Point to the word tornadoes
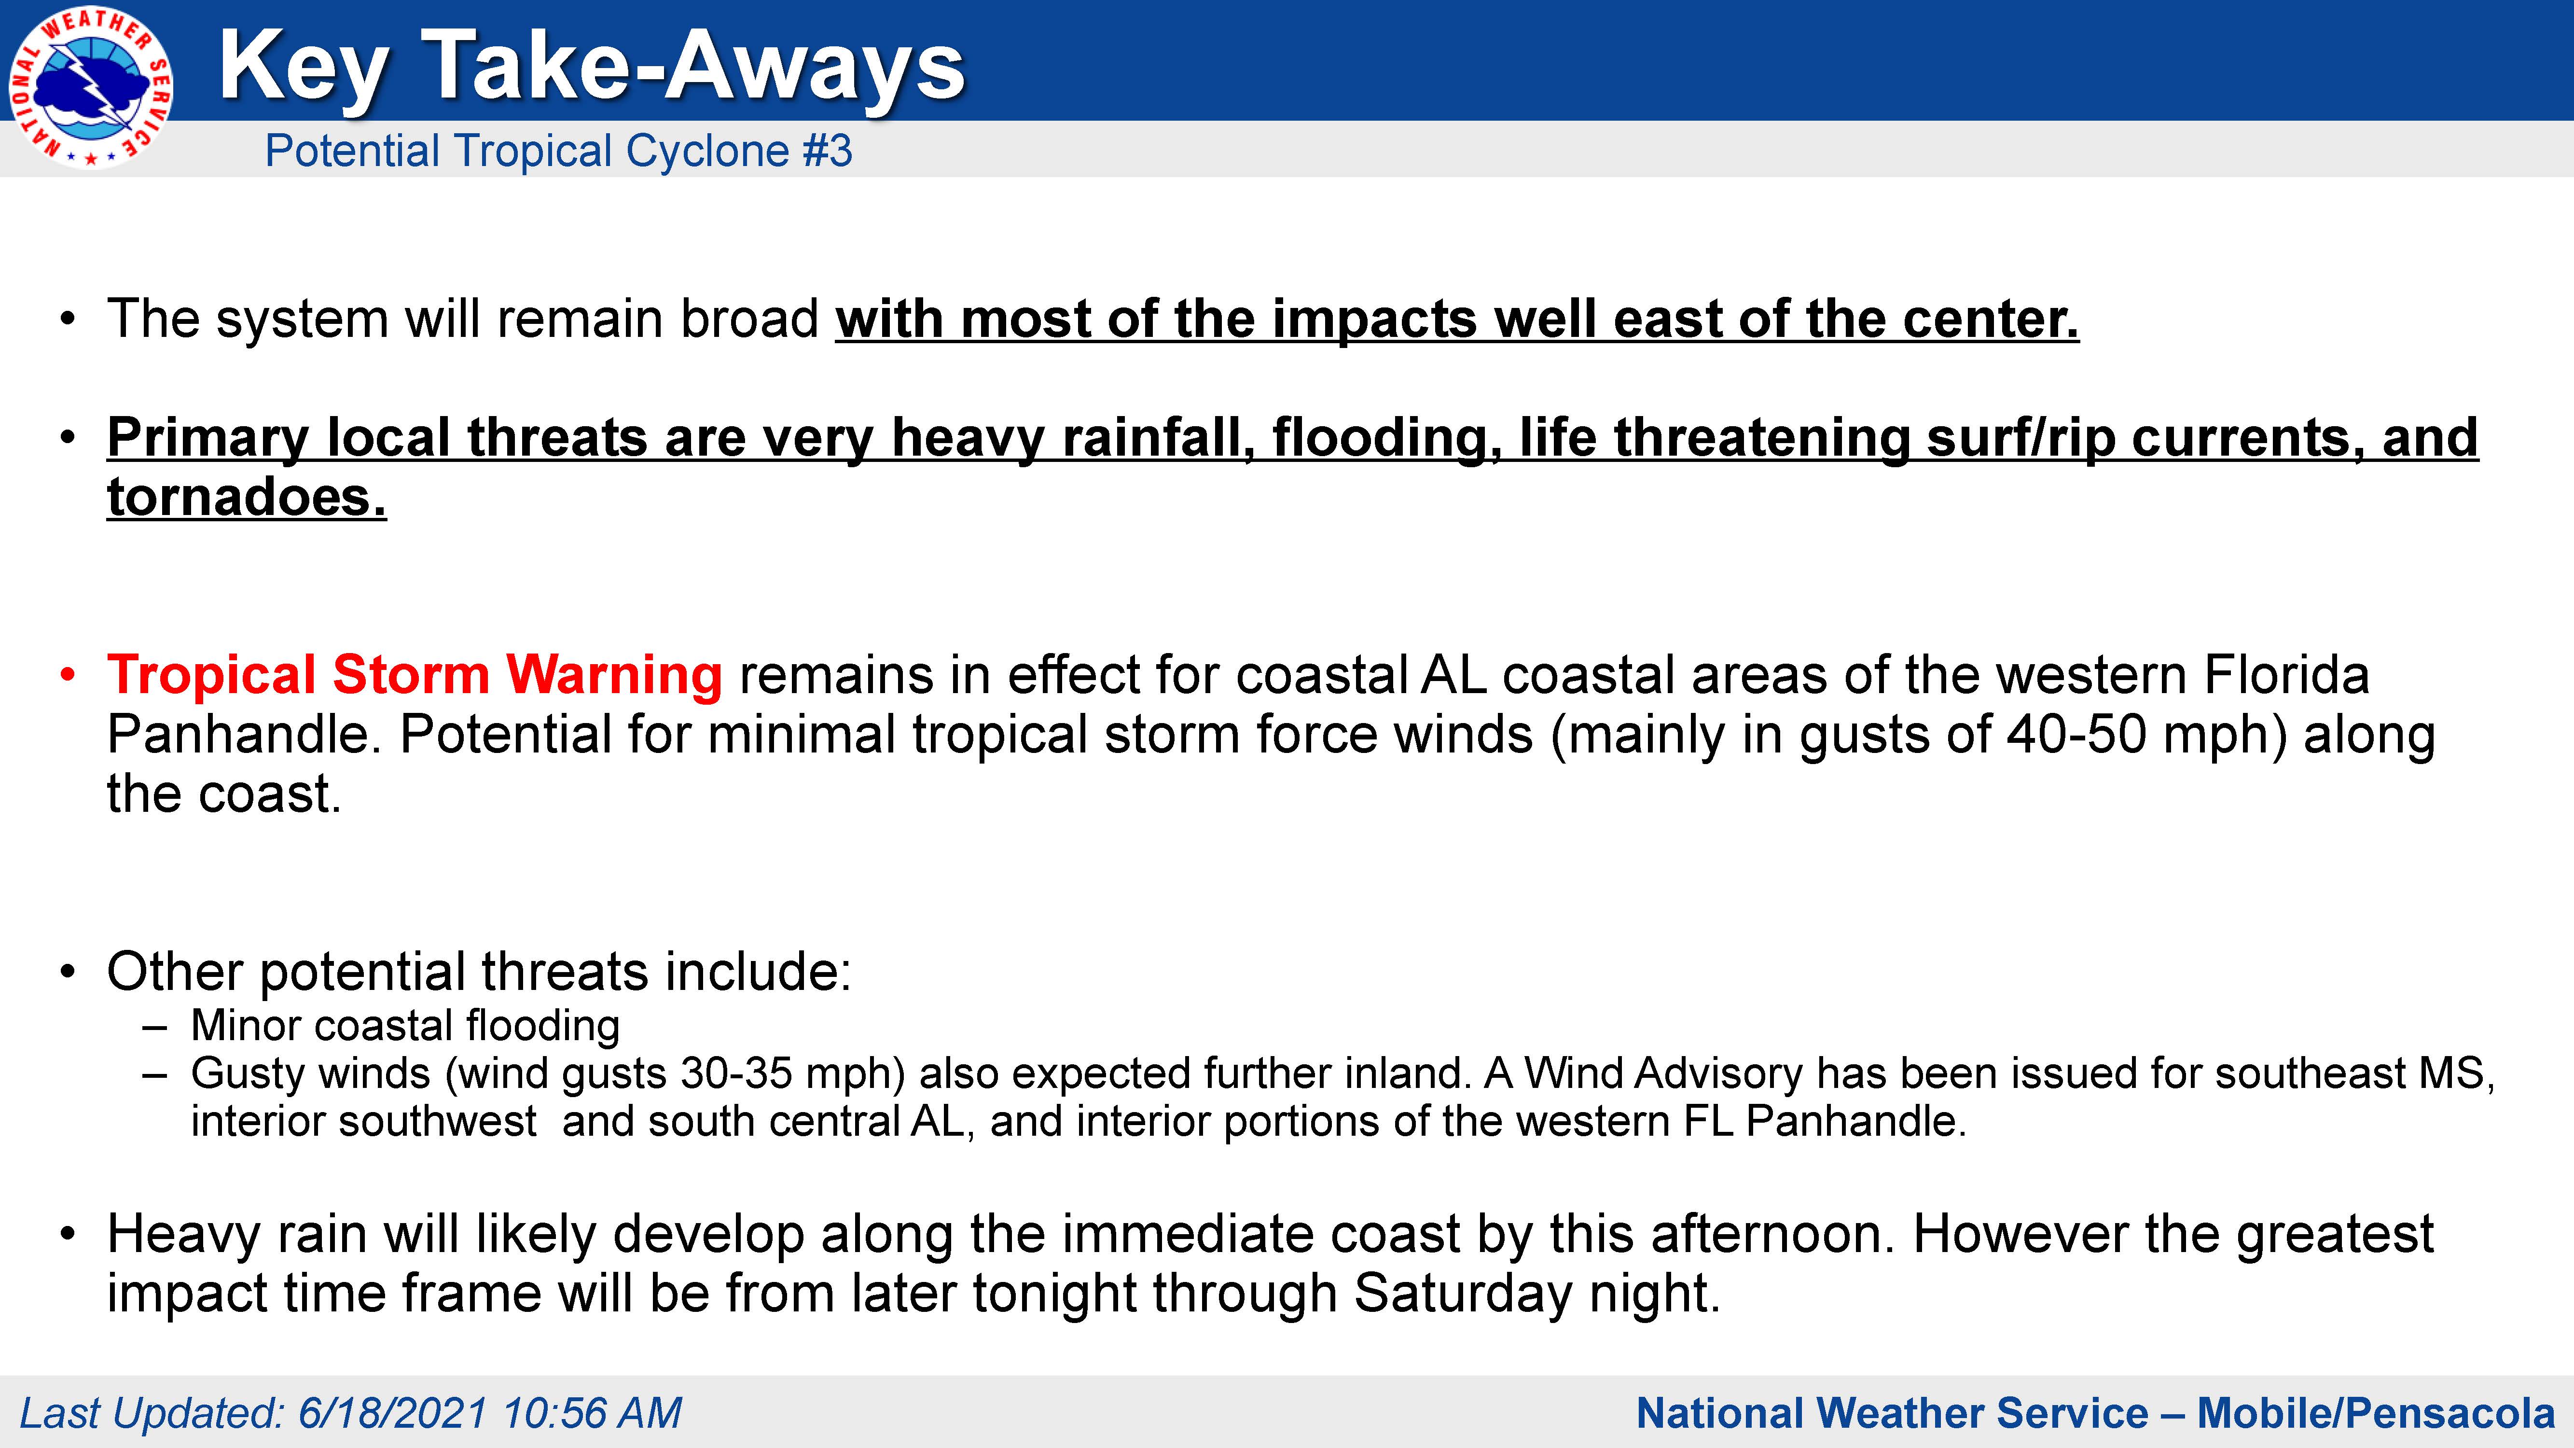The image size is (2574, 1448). click(247, 497)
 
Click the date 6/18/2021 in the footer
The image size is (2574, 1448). click(393, 1413)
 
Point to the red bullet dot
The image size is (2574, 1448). click(67, 676)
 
